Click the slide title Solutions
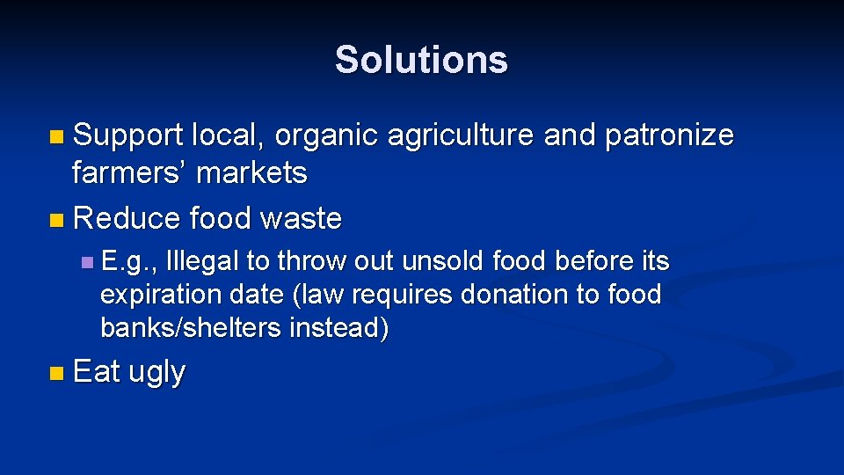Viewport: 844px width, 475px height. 421,60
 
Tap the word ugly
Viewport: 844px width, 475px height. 156,373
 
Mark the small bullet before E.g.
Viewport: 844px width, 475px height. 85,262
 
